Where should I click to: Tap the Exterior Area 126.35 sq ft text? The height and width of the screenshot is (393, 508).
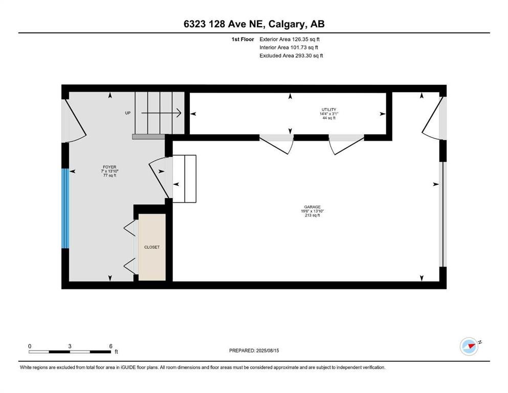pyautogui.click(x=290, y=39)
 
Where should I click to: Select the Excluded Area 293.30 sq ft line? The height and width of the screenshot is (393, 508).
pyautogui.click(x=291, y=55)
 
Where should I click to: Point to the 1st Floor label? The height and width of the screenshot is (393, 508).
pyautogui.click(x=242, y=39)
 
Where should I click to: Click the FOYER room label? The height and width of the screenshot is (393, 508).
pyautogui.click(x=109, y=167)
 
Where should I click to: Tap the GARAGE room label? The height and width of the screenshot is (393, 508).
pyautogui.click(x=312, y=207)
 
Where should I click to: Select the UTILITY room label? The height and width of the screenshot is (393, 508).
pyautogui.click(x=329, y=110)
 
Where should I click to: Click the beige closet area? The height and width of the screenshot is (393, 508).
pyautogui.click(x=152, y=247)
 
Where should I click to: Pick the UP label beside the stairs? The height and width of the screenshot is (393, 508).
pyautogui.click(x=128, y=113)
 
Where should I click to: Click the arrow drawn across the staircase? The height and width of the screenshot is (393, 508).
pyautogui.click(x=161, y=113)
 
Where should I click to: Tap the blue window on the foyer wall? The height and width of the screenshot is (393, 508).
pyautogui.click(x=65, y=208)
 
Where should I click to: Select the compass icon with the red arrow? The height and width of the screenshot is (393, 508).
pyautogui.click(x=470, y=346)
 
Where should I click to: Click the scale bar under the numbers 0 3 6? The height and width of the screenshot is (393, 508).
pyautogui.click(x=70, y=352)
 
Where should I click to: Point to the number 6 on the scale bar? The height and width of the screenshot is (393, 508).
pyautogui.click(x=111, y=346)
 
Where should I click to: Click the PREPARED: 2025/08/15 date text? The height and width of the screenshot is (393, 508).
pyautogui.click(x=254, y=351)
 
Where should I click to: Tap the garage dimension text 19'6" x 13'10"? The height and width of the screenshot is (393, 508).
pyautogui.click(x=312, y=211)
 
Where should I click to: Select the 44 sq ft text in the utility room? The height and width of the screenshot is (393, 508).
pyautogui.click(x=329, y=118)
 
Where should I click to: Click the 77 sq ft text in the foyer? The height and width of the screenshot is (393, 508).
pyautogui.click(x=109, y=176)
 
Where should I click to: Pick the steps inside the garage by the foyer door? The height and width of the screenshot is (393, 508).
pyautogui.click(x=184, y=179)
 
